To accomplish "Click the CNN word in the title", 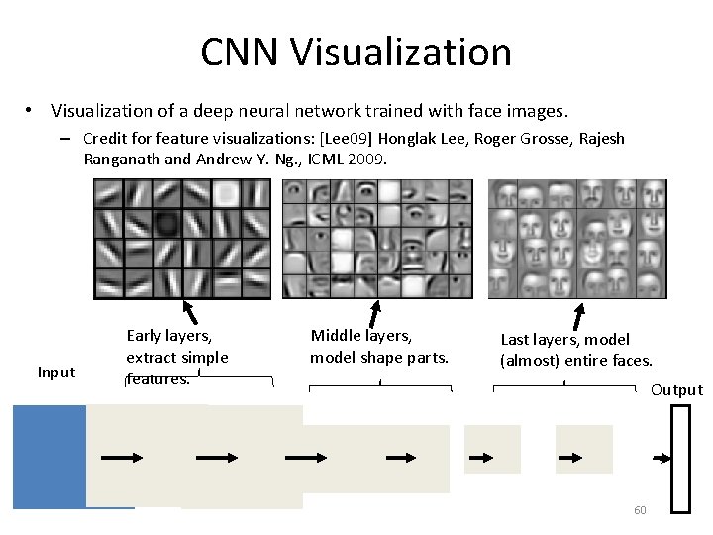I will click(235, 53).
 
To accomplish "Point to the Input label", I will click(55, 373).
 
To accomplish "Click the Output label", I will click(676, 390).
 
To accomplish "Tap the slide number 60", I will click(640, 510).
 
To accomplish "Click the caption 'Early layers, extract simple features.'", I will click(176, 357).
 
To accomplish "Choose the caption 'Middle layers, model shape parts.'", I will click(378, 347).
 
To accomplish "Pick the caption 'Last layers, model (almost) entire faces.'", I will click(574, 350).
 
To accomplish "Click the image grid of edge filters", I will click(181, 238).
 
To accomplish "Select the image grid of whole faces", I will click(577, 238).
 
